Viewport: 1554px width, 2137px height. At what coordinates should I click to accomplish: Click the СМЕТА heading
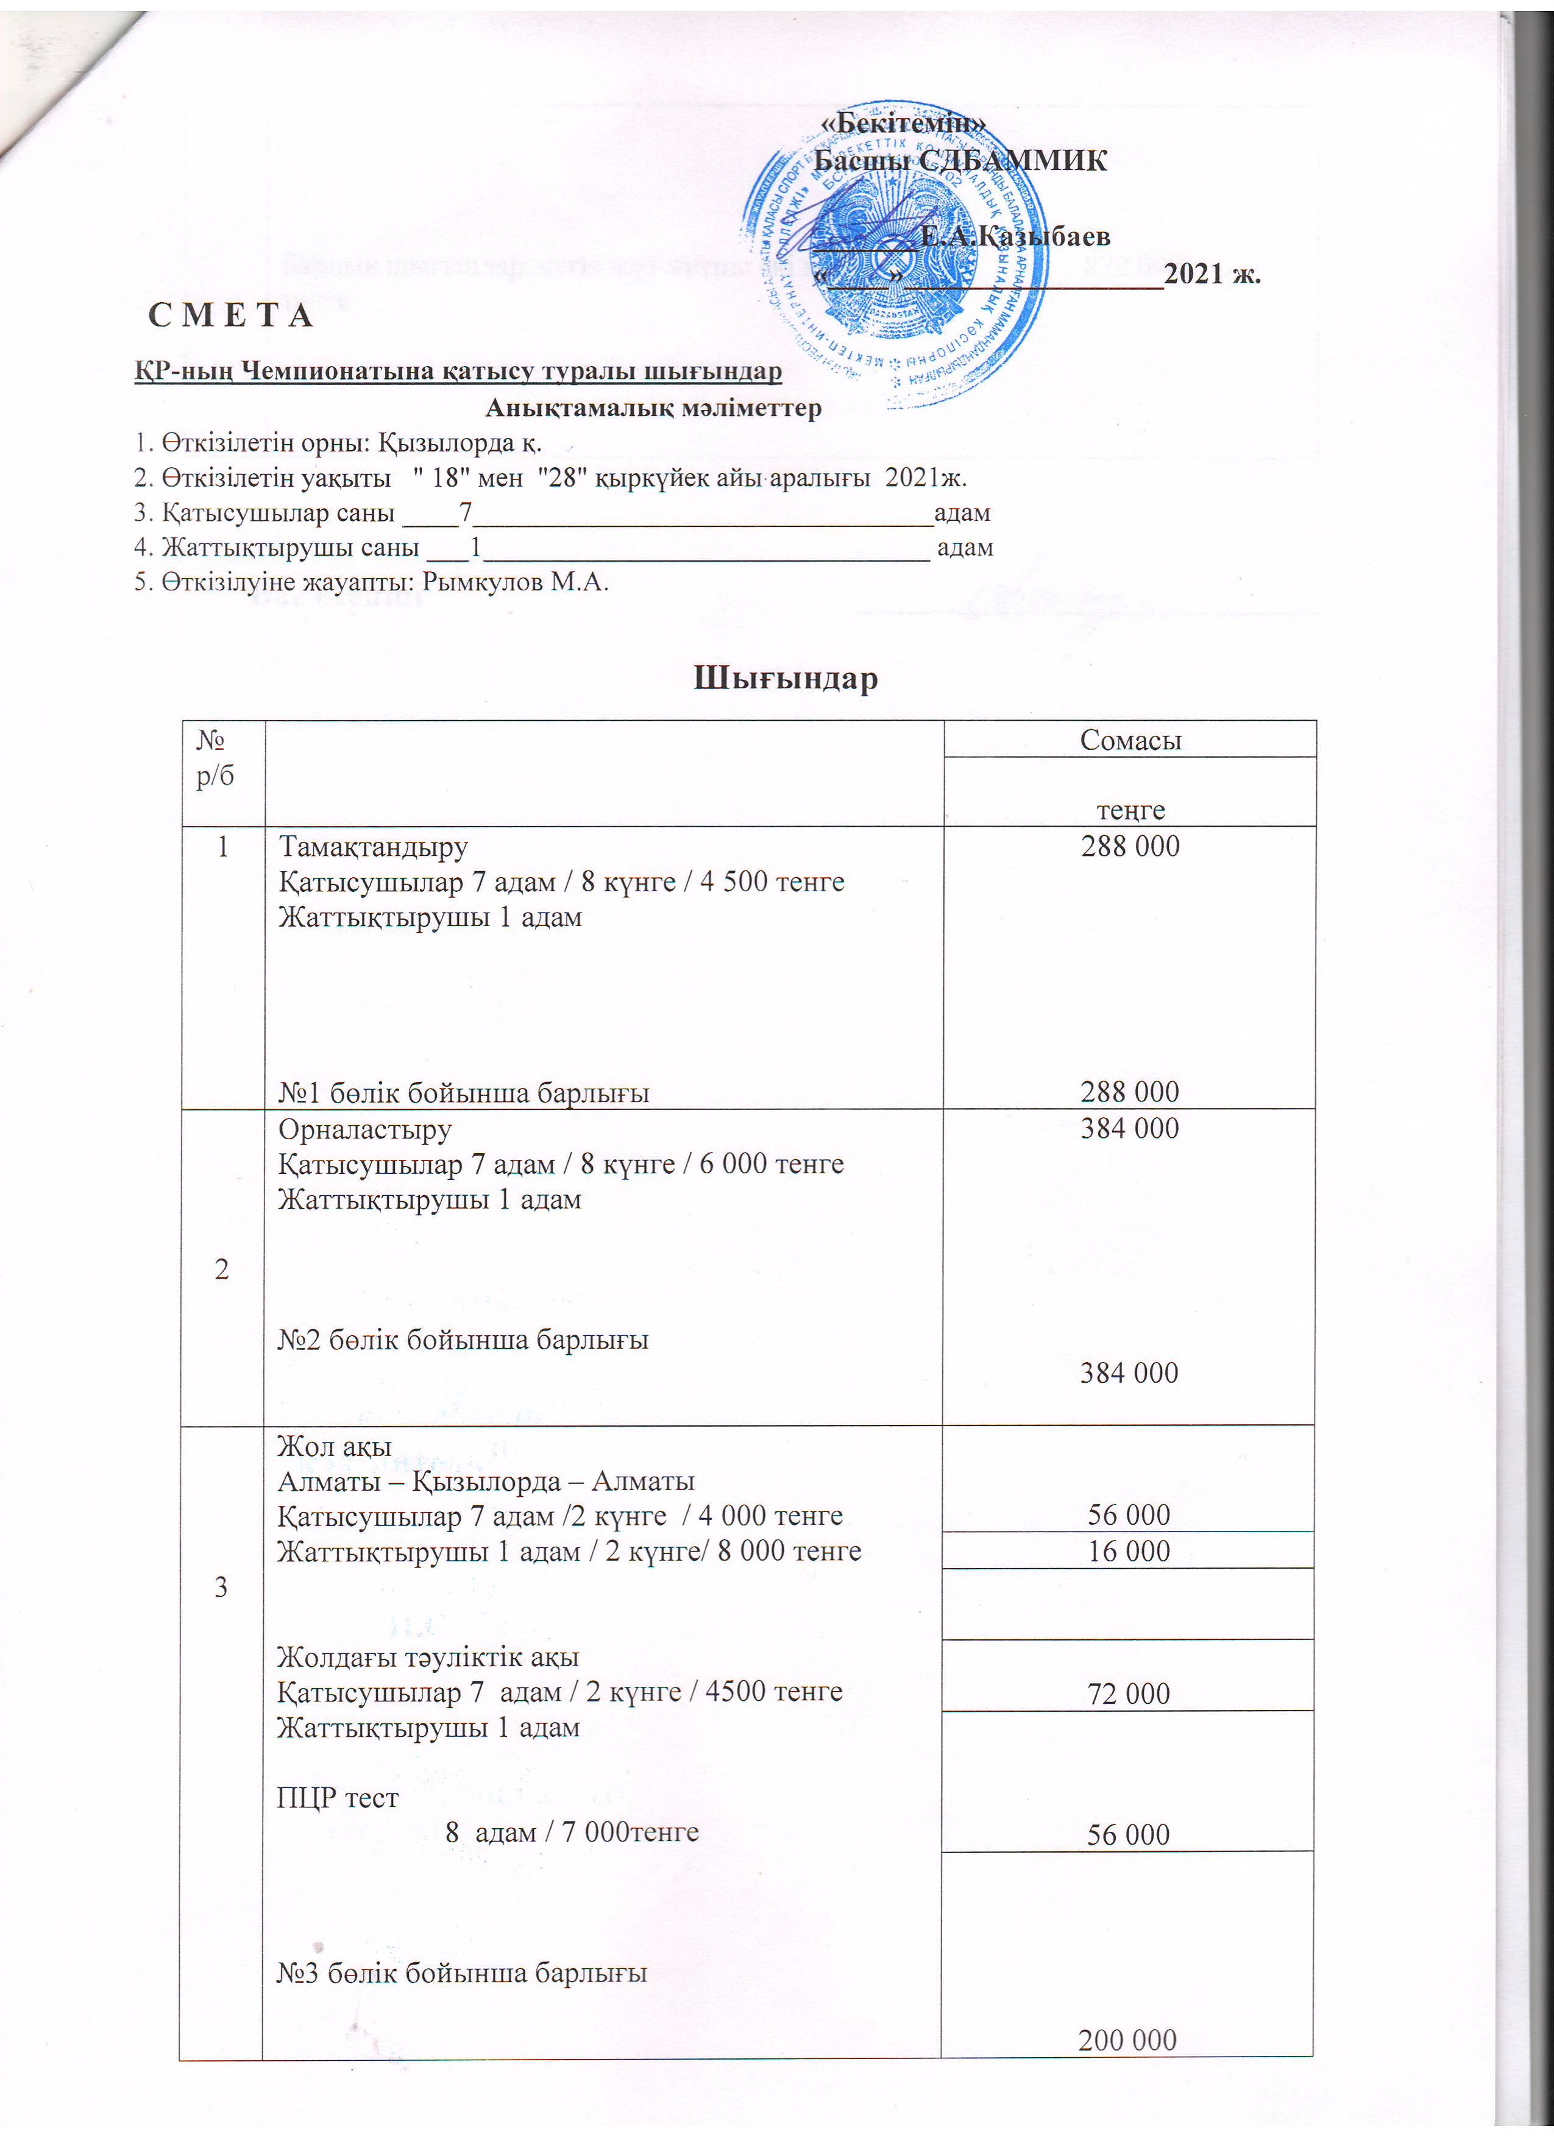pos(231,316)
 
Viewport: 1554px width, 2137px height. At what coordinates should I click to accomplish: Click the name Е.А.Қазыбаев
pos(1015,236)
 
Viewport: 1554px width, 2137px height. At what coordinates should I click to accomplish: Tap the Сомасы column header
pos(1130,741)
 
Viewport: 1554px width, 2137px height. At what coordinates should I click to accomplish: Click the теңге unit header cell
pos(1130,810)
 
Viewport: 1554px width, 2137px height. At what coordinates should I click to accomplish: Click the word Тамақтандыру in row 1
pos(373,847)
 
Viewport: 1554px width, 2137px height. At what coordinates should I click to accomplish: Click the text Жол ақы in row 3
pos(335,1446)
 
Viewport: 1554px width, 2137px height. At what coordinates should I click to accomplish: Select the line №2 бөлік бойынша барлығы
pos(463,1339)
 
